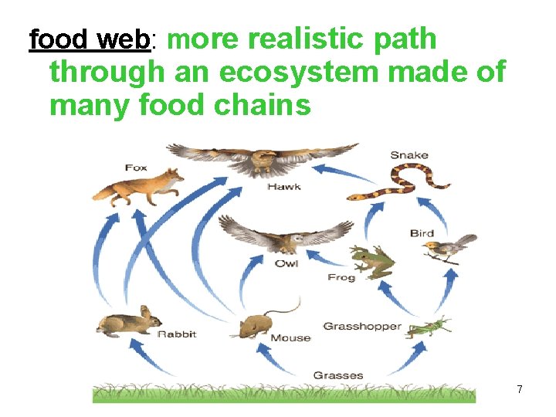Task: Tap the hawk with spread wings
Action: (x=263, y=160)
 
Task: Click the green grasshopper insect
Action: (x=429, y=327)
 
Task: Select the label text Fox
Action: (x=136, y=168)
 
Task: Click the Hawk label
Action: (x=284, y=187)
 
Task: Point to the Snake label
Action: (x=409, y=155)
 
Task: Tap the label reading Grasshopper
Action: (x=362, y=327)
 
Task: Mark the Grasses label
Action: (x=338, y=375)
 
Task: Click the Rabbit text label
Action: (x=178, y=334)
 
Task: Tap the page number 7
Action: (x=520, y=390)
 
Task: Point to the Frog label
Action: (x=341, y=277)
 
